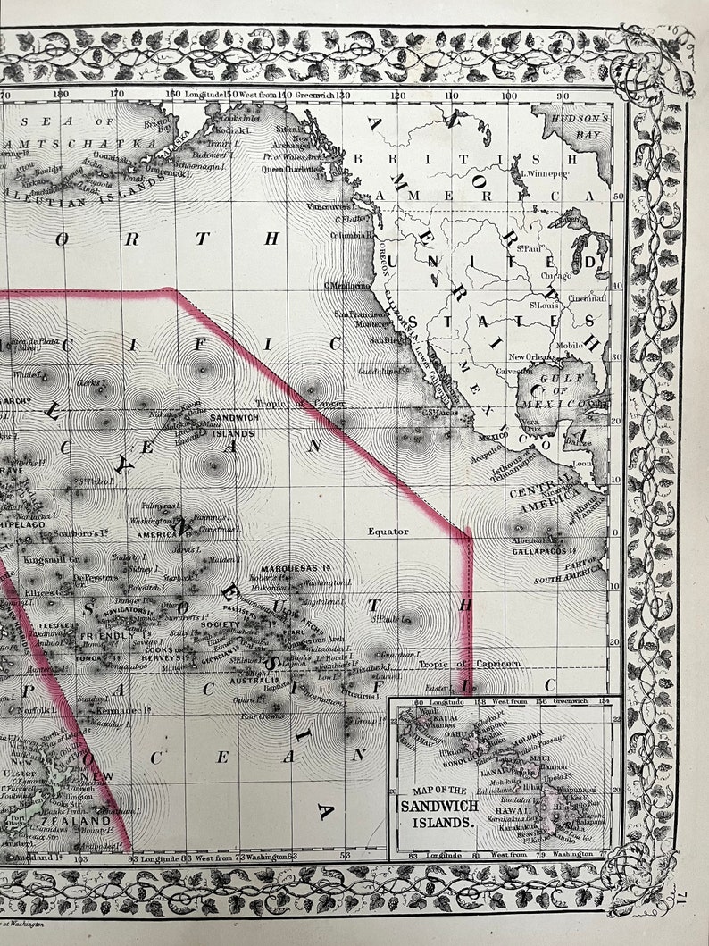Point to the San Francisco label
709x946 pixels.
(x=354, y=314)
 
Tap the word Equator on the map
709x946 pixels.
(x=388, y=531)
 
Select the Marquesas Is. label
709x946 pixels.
(x=291, y=568)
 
